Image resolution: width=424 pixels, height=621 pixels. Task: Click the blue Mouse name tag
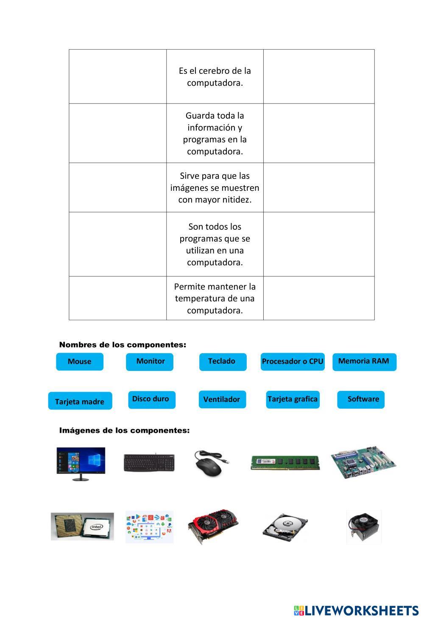pyautogui.click(x=80, y=362)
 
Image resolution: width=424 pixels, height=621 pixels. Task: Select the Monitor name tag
pyautogui.click(x=150, y=362)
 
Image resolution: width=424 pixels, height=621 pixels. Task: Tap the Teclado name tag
pyautogui.click(x=223, y=362)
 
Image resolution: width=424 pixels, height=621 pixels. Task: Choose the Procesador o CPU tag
pyautogui.click(x=293, y=362)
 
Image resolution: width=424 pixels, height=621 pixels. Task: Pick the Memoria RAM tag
pyautogui.click(x=364, y=362)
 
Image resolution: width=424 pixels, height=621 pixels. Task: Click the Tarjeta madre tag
pyautogui.click(x=80, y=401)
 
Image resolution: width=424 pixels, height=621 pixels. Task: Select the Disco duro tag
pyautogui.click(x=151, y=399)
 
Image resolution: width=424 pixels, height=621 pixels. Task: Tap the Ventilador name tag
pyautogui.click(x=222, y=399)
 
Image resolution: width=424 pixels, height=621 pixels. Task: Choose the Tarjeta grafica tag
pyautogui.click(x=293, y=399)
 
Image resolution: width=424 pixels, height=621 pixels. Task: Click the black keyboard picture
pyautogui.click(x=149, y=462)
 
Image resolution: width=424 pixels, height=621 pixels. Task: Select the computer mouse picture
pyautogui.click(x=211, y=463)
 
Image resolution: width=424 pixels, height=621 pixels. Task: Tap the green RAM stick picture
pyautogui.click(x=285, y=462)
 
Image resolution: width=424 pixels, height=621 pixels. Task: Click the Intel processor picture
pyautogui.click(x=82, y=526)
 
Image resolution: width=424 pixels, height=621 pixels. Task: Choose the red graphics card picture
pyautogui.click(x=213, y=526)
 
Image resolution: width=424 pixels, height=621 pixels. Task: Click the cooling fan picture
pyautogui.click(x=364, y=527)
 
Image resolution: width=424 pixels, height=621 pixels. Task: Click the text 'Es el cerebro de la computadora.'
pyautogui.click(x=215, y=77)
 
